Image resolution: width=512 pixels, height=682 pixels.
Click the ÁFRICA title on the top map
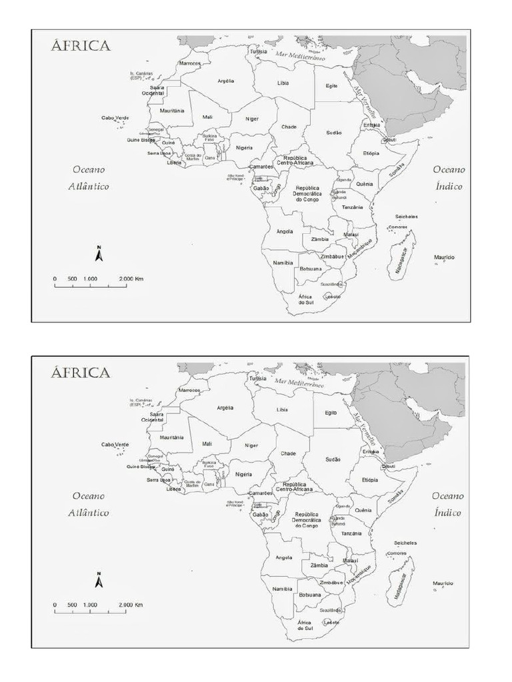[x=81, y=47]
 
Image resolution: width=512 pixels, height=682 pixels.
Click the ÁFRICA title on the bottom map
[x=81, y=373]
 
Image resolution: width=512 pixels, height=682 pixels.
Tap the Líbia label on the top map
[x=283, y=83]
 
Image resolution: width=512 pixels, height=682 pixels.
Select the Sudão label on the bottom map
[x=333, y=460]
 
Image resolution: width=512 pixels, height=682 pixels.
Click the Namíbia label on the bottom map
[x=283, y=589]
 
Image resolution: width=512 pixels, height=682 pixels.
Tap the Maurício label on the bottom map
[x=443, y=583]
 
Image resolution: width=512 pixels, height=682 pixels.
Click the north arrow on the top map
[x=99, y=254]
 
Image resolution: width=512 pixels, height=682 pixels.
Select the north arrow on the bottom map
[x=99, y=580]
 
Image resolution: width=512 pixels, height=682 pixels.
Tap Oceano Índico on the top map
[x=449, y=178]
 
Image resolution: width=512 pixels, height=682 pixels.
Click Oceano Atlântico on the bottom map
[x=89, y=504]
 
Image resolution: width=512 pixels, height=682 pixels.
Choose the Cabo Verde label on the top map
[x=115, y=118]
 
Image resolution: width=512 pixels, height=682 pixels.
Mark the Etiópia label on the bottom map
[x=370, y=480]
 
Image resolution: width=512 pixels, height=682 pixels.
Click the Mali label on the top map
[x=207, y=117]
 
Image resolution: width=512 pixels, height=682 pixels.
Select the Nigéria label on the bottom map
[x=244, y=474]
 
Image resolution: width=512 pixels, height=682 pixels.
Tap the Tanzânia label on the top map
[x=352, y=207]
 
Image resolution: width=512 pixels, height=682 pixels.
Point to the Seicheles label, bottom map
[x=405, y=543]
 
